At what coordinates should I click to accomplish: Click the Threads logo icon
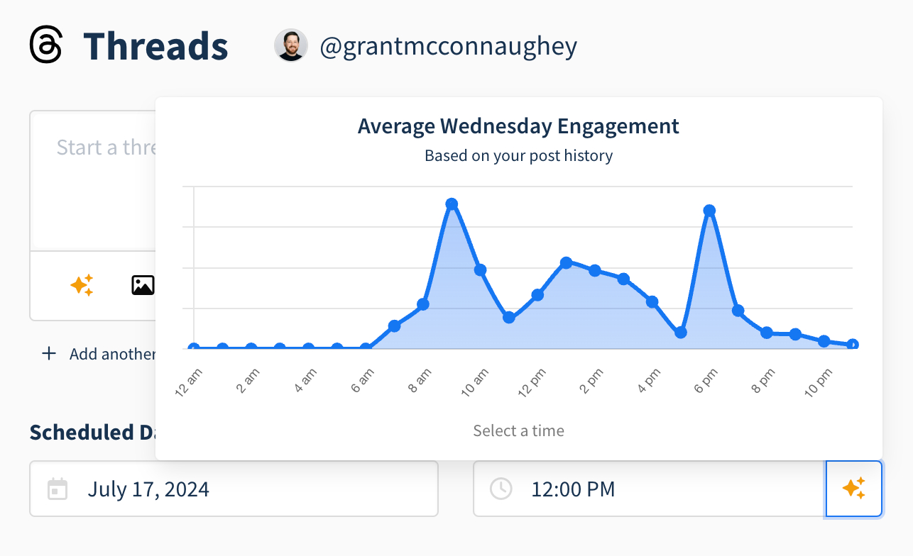click(x=46, y=45)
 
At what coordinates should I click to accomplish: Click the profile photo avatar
click(x=290, y=46)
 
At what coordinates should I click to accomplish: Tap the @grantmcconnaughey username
click(x=448, y=47)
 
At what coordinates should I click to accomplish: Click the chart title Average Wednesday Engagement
click(x=518, y=126)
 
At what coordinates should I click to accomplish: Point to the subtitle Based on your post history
click(x=518, y=155)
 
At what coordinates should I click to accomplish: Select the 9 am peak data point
click(x=452, y=204)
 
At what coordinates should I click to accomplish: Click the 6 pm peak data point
click(x=709, y=211)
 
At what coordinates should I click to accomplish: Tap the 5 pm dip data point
click(x=681, y=332)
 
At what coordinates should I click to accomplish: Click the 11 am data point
click(x=508, y=317)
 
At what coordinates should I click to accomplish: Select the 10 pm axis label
click(x=818, y=384)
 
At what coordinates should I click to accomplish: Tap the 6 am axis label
click(x=361, y=384)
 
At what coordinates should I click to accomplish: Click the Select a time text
click(x=518, y=430)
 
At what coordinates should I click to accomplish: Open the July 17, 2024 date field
click(x=234, y=489)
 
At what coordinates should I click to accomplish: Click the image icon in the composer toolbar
click(x=143, y=285)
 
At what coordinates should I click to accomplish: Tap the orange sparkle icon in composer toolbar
click(x=82, y=285)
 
